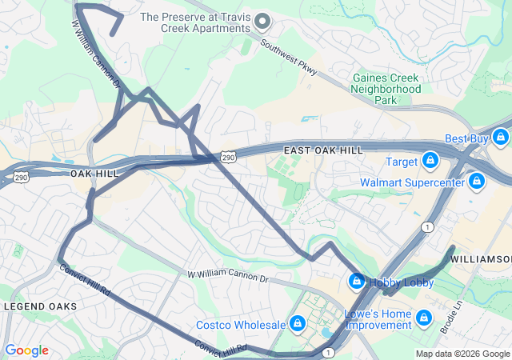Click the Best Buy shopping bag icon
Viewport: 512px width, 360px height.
pos(501,138)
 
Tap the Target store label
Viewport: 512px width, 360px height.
pos(402,162)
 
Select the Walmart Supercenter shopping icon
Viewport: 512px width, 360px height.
pos(477,182)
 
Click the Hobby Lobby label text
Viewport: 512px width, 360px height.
pos(402,282)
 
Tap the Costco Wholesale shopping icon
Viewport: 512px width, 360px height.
pos(298,324)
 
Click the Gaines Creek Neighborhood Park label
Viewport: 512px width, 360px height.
pos(386,89)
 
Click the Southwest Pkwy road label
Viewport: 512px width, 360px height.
pos(289,55)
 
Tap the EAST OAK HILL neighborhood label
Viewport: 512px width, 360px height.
pos(323,150)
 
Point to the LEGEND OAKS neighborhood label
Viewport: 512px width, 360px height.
pos(41,306)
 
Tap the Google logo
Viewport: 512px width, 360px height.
pos(26,350)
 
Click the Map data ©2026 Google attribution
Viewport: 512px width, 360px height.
pos(462,354)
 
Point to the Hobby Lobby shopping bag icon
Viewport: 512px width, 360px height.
pos(356,282)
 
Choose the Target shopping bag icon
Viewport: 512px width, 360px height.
pos(430,162)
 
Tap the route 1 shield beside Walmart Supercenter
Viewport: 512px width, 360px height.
pos(428,227)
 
